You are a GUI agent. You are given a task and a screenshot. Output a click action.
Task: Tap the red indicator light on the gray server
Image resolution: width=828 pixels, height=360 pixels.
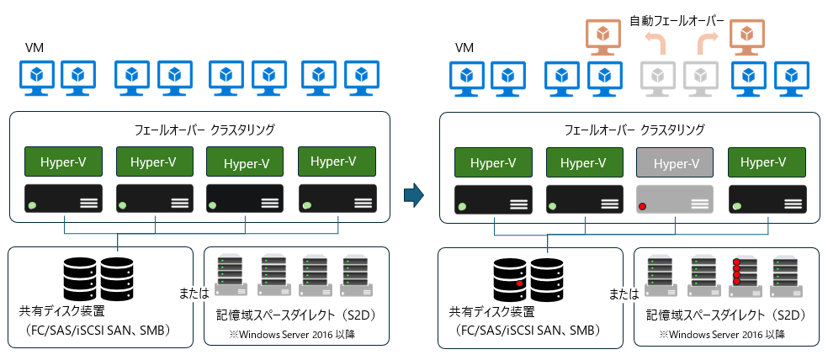(x=642, y=207)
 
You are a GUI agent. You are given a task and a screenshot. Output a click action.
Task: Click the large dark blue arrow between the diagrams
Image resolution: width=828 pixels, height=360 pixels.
(x=412, y=195)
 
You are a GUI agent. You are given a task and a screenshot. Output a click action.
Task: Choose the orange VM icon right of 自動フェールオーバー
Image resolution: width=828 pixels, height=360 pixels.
(x=746, y=39)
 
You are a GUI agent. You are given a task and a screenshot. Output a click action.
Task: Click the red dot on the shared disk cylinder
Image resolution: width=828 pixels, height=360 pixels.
(x=520, y=283)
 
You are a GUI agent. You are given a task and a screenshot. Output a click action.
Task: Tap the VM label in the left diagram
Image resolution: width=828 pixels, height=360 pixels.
(x=34, y=48)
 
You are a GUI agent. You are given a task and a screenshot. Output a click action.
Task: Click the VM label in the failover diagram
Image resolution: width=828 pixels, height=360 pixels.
(x=464, y=48)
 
